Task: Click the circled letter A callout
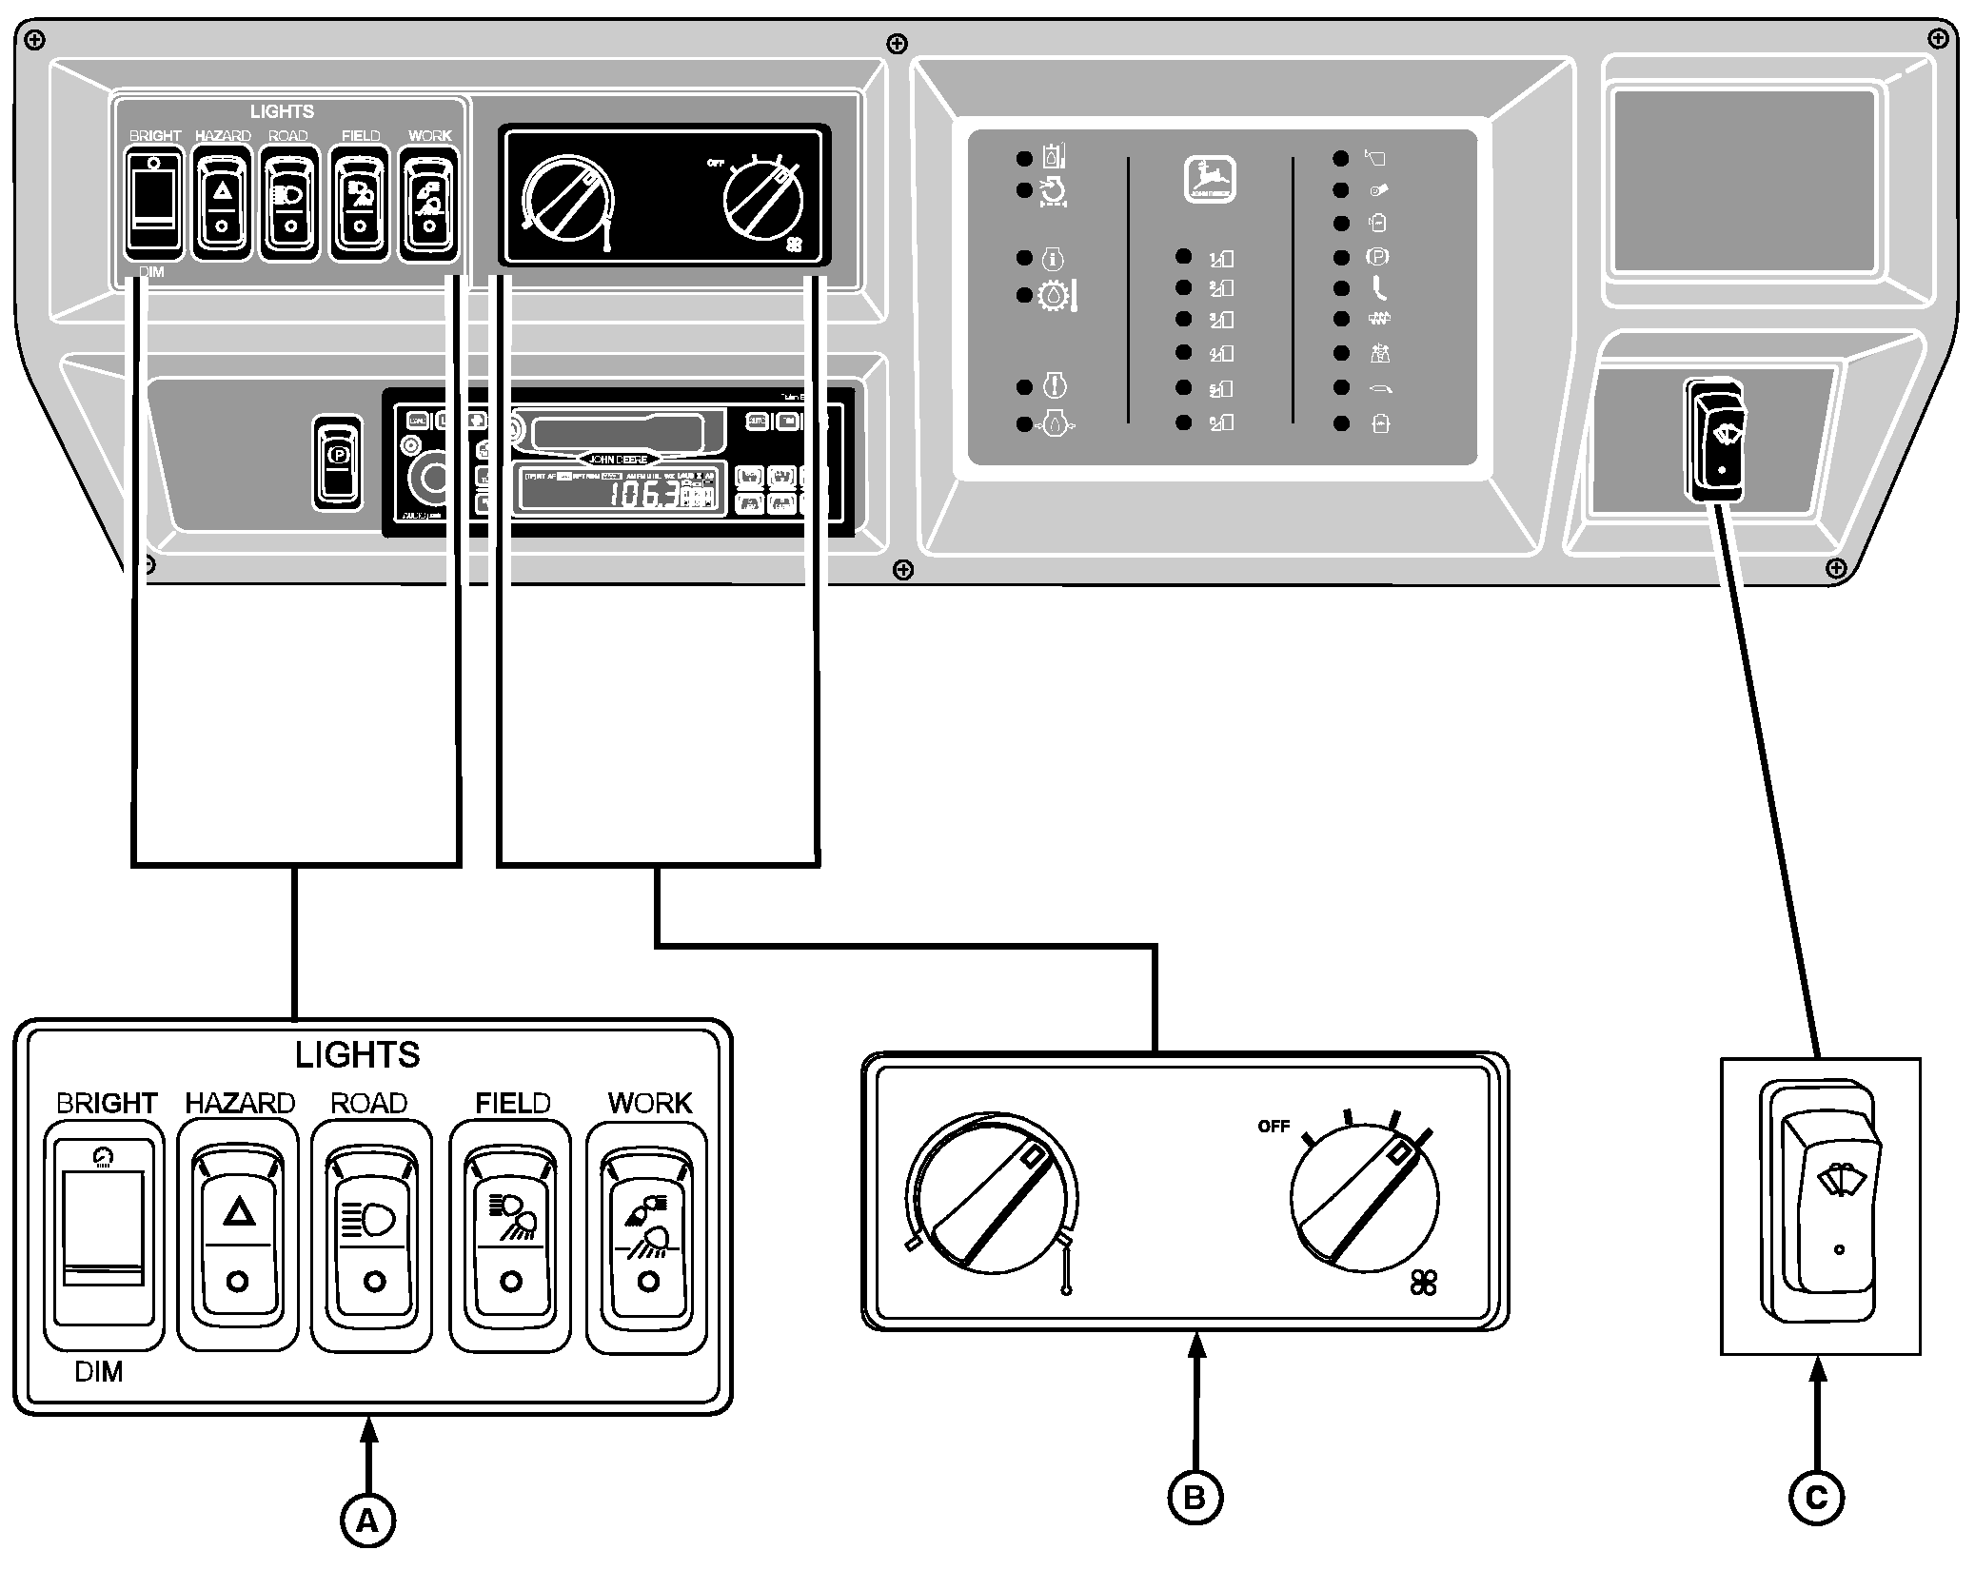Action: (367, 1522)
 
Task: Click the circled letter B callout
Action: (1195, 1497)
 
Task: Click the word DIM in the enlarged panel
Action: (99, 1372)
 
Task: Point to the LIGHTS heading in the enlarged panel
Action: (357, 1055)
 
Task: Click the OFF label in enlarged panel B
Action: (1273, 1127)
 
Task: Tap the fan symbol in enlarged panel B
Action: (1423, 1284)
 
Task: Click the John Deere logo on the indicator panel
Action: (1210, 179)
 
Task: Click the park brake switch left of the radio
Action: (338, 461)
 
